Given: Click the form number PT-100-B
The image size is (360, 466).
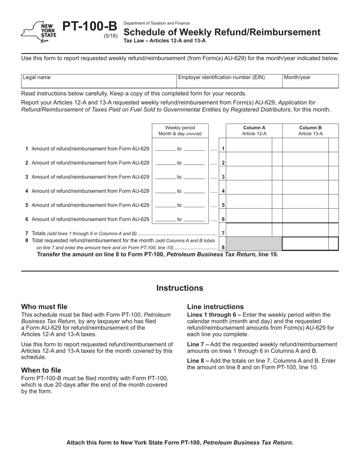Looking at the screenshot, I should [89, 27].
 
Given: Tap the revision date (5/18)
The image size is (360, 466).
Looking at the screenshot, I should [111, 36].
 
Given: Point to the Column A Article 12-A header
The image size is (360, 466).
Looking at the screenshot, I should [254, 131].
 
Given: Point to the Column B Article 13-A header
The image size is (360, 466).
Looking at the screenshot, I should [310, 131].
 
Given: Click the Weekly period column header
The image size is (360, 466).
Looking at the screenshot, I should [180, 131].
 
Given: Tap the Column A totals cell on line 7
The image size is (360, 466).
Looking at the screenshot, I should [249, 230].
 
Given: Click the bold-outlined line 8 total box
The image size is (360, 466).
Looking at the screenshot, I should [310, 244].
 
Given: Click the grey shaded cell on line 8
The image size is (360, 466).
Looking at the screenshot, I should [254, 244].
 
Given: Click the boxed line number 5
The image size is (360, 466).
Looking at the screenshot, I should [223, 205].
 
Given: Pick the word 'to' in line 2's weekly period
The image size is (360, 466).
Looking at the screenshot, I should [180, 163].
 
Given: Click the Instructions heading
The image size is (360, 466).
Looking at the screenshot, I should [180, 288].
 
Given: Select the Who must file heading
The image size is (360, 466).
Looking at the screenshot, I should [44, 307].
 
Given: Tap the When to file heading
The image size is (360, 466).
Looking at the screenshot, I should [41, 370].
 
